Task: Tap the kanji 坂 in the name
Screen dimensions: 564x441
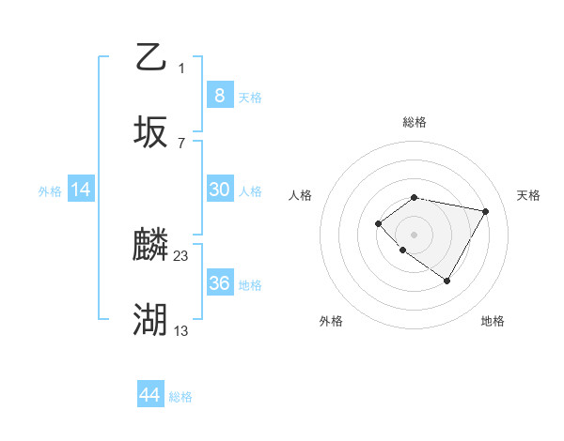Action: (151, 132)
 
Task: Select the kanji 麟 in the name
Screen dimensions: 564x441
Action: (151, 245)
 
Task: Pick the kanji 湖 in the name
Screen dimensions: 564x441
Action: (151, 321)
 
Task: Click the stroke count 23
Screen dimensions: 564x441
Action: (181, 256)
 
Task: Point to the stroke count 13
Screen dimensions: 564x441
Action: (181, 331)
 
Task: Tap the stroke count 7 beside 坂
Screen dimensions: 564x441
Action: (181, 144)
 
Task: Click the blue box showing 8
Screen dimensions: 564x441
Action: (219, 95)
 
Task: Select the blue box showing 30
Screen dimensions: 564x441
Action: (219, 190)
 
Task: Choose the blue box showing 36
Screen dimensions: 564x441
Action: (219, 283)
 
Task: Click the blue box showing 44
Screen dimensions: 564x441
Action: (149, 395)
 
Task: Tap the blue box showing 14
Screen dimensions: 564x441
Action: (81, 190)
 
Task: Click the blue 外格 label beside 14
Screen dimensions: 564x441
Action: (50, 191)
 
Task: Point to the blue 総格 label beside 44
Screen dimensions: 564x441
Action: (180, 397)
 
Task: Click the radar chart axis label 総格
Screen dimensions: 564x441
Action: (414, 122)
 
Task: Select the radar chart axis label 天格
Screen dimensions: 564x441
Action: (528, 195)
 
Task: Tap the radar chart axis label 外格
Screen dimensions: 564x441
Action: (331, 321)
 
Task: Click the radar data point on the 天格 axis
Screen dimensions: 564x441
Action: (485, 211)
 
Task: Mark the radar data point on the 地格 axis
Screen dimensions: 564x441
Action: (446, 281)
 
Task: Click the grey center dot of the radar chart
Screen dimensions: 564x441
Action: (414, 234)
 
